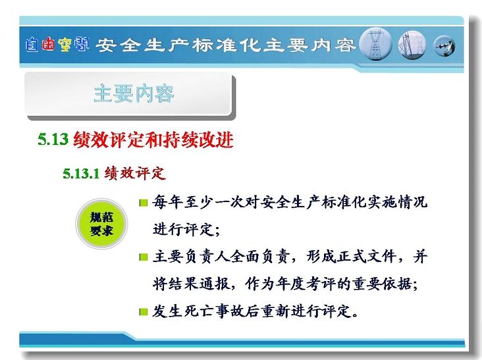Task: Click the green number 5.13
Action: click(53, 139)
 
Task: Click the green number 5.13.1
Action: click(81, 174)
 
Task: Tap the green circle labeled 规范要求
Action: click(101, 224)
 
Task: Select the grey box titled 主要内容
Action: click(129, 94)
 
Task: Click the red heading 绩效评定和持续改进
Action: click(153, 140)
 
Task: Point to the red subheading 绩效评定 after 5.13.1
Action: click(135, 174)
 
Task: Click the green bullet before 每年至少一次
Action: click(144, 203)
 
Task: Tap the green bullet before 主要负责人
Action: click(144, 257)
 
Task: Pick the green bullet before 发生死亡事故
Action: click(144, 312)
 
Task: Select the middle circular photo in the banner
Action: click(412, 45)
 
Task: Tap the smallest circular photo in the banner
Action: click(444, 46)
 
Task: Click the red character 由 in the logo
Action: click(48, 44)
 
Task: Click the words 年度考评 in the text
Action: click(306, 284)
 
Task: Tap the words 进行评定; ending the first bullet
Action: click(186, 229)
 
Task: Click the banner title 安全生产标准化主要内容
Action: click(226, 45)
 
